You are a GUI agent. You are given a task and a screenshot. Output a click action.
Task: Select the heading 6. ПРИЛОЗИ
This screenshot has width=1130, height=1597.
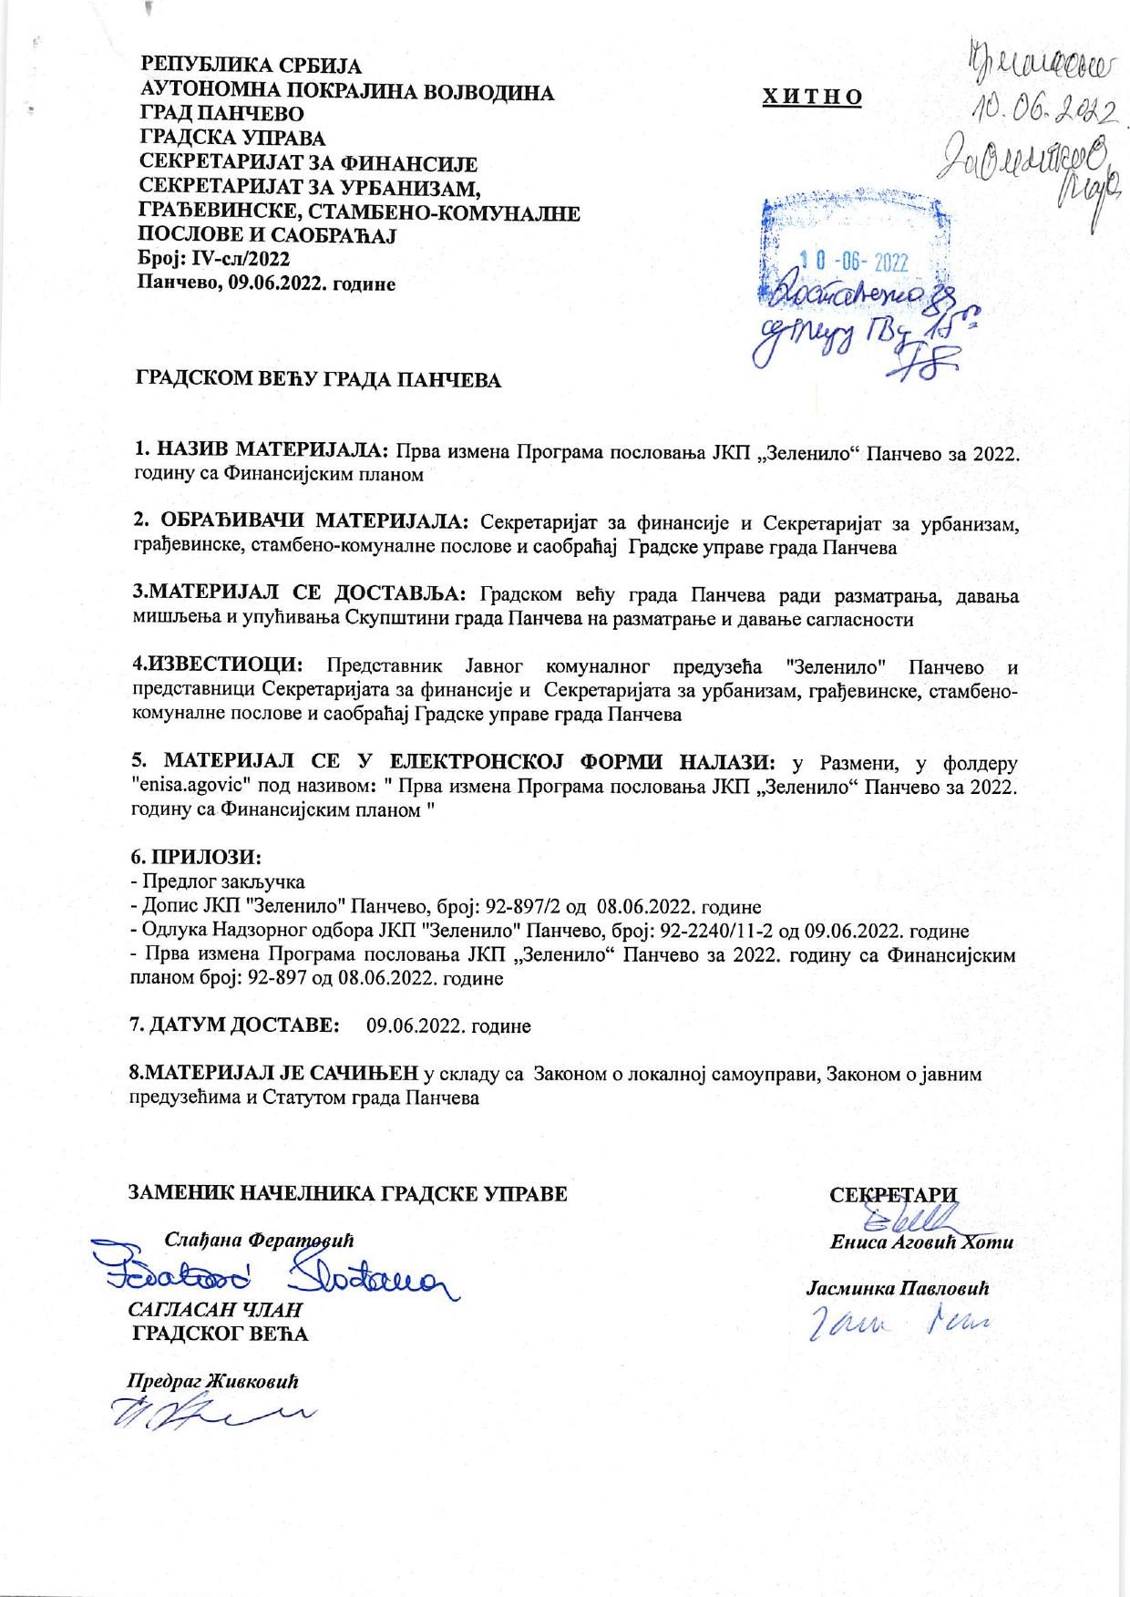coord(197,858)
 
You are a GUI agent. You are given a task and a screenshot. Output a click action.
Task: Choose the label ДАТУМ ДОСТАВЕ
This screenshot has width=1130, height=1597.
coord(245,1025)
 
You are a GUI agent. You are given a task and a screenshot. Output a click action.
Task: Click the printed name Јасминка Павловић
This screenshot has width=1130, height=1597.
coord(897,1289)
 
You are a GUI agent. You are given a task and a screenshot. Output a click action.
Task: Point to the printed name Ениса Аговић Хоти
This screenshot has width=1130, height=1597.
coord(920,1242)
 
